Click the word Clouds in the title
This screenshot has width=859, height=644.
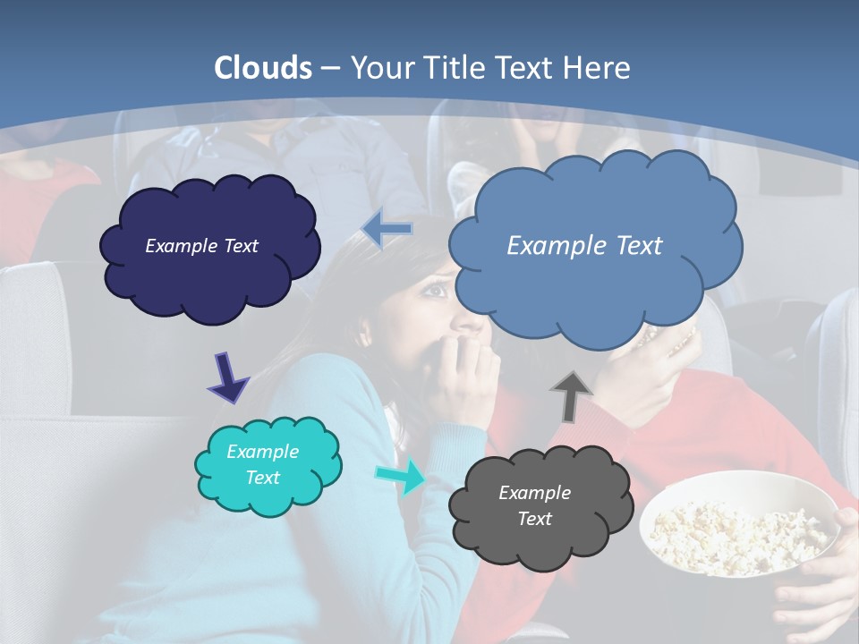pos(263,68)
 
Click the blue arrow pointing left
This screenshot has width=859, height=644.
pos(387,229)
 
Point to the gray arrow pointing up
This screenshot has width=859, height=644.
pos(571,395)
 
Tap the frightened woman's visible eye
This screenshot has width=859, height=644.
pos(436,288)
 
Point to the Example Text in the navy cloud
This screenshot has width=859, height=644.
pos(201,246)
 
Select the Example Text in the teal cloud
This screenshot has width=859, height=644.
pos(262,465)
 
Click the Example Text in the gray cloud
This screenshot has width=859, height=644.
pos(534,505)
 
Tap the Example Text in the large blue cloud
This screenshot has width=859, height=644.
pos(584,246)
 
